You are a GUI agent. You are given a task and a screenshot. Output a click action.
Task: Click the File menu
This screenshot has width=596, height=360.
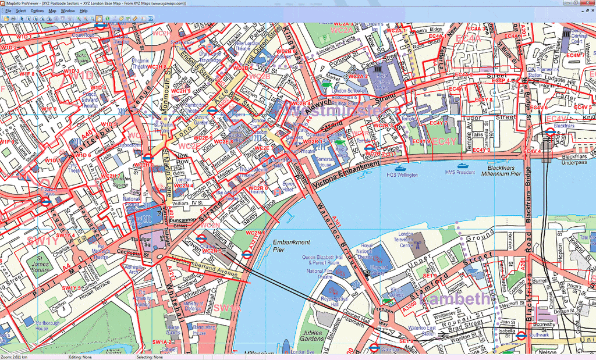point(8,10)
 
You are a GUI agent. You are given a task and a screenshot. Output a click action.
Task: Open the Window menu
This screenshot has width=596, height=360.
point(68,10)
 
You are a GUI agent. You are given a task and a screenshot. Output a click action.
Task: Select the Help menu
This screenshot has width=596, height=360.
point(84,10)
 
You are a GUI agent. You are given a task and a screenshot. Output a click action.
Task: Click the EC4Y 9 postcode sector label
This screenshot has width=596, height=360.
point(421,141)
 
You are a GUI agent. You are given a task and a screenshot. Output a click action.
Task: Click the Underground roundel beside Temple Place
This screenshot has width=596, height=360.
point(369,148)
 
